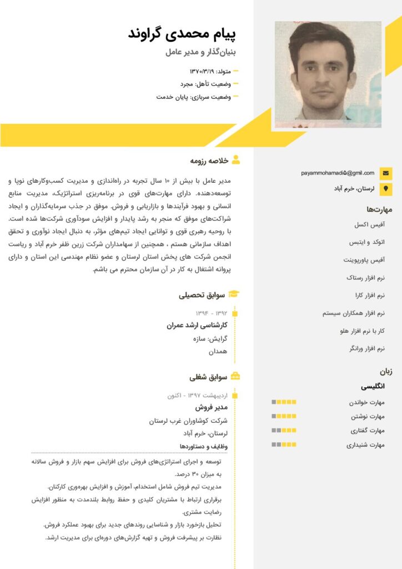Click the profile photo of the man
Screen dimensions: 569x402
coord(328,74)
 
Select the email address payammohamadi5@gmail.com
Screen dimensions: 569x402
coord(338,173)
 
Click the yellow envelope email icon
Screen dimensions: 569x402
coord(386,173)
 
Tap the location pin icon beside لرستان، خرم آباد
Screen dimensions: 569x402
coord(386,188)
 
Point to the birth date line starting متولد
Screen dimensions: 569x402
coord(210,71)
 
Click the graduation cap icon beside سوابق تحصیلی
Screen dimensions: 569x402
coord(235,294)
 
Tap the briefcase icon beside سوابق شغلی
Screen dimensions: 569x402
coord(235,377)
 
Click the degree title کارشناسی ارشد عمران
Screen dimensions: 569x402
coord(198,326)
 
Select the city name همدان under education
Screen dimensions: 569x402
coord(218,352)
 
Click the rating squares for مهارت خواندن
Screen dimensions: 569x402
coord(284,402)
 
